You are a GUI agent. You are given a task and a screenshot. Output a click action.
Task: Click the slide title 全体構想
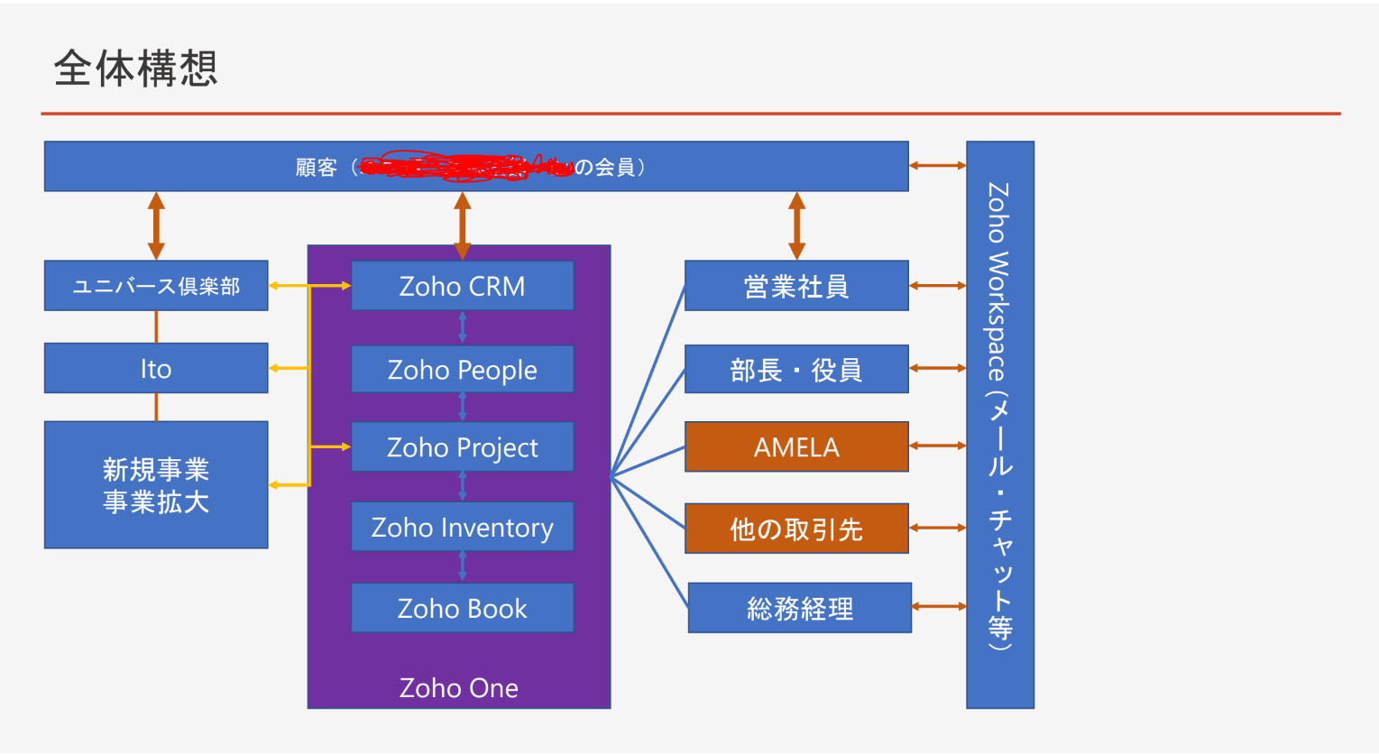[x=135, y=69]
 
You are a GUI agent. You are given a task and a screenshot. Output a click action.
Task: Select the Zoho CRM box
[x=462, y=286]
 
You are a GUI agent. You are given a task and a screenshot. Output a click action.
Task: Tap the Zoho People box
[x=462, y=369]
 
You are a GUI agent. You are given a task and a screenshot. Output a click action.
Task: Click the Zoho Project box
[x=462, y=446]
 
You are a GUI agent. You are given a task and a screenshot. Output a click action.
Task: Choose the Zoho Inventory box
[x=462, y=527]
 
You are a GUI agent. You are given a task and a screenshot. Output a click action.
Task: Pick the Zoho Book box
[x=462, y=608]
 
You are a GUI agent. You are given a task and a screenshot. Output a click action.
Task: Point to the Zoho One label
[x=458, y=687]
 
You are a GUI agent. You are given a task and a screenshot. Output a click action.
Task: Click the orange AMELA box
[x=796, y=446]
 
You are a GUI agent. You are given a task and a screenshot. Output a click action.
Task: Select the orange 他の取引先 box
[x=796, y=529]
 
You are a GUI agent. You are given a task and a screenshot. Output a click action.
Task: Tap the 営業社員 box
[x=796, y=286]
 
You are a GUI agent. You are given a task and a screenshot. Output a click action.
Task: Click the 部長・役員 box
[x=796, y=369]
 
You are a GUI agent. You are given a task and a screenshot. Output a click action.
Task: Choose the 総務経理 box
[x=799, y=608]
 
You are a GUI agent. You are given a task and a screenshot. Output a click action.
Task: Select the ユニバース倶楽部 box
[x=156, y=286]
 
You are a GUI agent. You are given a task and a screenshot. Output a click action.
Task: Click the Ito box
[x=156, y=368]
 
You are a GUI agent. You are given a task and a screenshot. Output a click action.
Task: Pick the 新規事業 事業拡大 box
[x=156, y=485]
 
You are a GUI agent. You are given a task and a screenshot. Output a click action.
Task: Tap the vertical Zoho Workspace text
[x=999, y=415]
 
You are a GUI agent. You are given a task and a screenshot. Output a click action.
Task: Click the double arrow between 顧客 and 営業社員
[x=796, y=225]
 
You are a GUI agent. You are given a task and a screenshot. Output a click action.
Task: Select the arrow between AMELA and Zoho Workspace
[x=937, y=446]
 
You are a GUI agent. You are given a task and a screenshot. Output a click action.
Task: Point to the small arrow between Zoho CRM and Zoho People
[x=462, y=326]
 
